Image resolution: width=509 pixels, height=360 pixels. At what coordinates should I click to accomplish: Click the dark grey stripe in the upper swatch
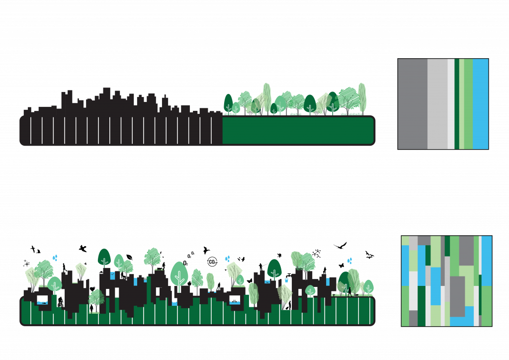pyautogui.click(x=412, y=104)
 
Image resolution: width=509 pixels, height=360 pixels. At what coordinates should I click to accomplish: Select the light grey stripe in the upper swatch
pyautogui.click(x=437, y=104)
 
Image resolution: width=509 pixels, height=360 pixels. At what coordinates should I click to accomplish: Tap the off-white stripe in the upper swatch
pyautogui.click(x=451, y=104)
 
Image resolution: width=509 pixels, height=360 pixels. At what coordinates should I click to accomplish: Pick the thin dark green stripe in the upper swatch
pyautogui.click(x=457, y=104)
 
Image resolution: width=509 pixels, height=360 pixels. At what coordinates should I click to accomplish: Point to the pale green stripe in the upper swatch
pyautogui.click(x=462, y=104)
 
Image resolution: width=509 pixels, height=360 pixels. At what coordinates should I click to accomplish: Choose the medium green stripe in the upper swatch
pyautogui.click(x=468, y=104)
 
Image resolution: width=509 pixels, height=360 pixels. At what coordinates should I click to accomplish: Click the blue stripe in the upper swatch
pyautogui.click(x=480, y=104)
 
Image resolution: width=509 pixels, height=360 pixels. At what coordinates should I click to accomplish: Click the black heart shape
pyautogui.click(x=92, y=289)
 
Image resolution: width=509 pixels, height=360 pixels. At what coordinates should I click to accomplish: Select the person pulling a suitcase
pyautogui.click(x=288, y=305)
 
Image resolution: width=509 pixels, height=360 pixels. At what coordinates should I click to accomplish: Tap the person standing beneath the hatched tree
pyautogui.click(x=91, y=308)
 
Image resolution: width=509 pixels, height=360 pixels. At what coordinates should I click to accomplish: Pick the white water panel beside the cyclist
pyautogui.click(x=42, y=300)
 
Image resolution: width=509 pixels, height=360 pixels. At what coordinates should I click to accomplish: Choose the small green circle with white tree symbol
pyautogui.click(x=311, y=290)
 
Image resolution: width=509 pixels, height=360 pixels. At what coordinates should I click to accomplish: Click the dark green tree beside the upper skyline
pyautogui.click(x=228, y=103)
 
